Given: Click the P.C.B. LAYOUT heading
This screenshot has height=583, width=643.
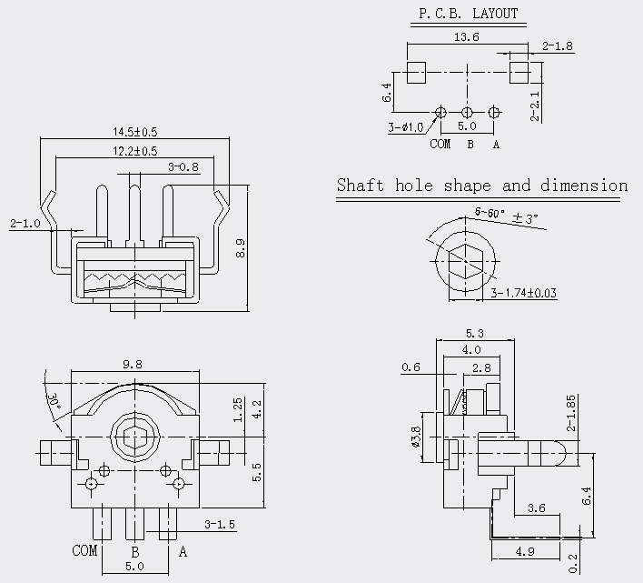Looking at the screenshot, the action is tap(469, 14).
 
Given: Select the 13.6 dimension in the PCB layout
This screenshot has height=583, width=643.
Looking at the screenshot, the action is tap(466, 37).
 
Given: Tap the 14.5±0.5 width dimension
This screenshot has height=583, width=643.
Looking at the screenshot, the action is tap(135, 132).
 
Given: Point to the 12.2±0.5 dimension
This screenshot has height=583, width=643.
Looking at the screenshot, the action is tap(135, 151).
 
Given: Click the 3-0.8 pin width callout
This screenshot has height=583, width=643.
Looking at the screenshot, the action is tap(183, 167).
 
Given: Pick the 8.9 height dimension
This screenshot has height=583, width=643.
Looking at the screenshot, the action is tap(241, 248).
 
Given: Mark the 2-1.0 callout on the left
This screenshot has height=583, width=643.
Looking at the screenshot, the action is tap(25, 224).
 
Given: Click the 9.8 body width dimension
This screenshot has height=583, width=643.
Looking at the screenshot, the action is tap(133, 364).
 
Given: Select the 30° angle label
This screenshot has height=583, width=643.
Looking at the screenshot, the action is tap(54, 401).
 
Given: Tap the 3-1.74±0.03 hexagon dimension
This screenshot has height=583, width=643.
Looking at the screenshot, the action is tap(524, 293).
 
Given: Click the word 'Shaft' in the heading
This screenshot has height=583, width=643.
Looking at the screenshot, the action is tap(361, 186).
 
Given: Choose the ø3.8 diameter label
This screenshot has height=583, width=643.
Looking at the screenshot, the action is tap(415, 437).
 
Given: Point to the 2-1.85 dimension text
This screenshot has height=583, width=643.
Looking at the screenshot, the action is tap(571, 413).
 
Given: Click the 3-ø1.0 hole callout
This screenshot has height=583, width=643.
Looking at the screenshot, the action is tap(406, 127).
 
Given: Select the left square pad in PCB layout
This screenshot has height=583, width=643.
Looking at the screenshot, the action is tap(416, 73).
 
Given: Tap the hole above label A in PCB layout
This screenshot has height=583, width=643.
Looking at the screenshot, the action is tap(494, 112).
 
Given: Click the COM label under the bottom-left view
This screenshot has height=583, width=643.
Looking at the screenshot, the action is tap(84, 550).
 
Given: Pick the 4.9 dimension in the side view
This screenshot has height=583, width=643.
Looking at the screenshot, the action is tap(525, 552).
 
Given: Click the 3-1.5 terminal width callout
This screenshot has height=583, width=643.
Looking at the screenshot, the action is tap(220, 524).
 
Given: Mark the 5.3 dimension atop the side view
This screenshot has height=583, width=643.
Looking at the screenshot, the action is tap(474, 333).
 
